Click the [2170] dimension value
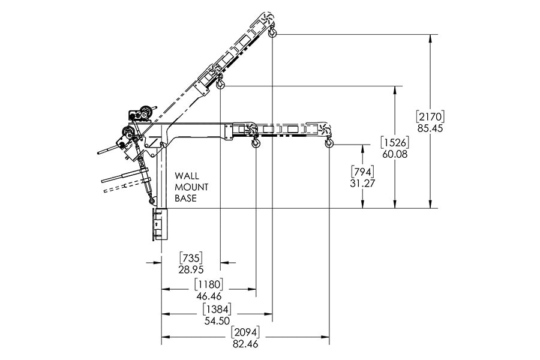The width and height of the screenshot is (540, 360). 430,116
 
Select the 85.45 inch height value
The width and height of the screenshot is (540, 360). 430,128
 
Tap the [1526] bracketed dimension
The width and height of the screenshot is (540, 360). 395,142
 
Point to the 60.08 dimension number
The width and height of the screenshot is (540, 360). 395,154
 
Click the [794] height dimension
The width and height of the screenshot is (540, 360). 362,172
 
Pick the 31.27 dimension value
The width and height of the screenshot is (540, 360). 362,184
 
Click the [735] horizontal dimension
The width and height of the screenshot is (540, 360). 191,257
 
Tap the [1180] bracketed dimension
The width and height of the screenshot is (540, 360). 209,284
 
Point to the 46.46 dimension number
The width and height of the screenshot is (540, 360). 209,296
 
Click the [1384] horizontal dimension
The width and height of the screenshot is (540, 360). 217,309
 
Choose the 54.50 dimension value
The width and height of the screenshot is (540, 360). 217,321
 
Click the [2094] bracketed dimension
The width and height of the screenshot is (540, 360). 245,332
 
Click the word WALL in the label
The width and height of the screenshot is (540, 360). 187,176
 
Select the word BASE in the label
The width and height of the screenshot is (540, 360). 185,199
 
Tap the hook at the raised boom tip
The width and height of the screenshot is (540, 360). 272,31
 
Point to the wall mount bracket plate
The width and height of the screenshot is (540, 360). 160,224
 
